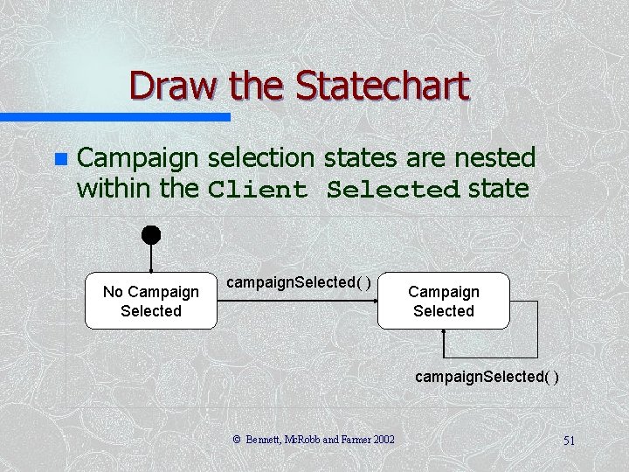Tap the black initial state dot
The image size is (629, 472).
(151, 235)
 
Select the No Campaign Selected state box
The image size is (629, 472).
(151, 302)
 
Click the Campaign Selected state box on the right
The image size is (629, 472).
(443, 302)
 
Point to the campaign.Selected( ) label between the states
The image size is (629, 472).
(298, 282)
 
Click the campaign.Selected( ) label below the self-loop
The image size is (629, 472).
(487, 377)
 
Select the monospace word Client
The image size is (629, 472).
(258, 190)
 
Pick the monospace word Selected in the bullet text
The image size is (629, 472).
(393, 190)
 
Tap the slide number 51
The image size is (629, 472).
(569, 441)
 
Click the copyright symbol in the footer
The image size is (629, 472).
(237, 440)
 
